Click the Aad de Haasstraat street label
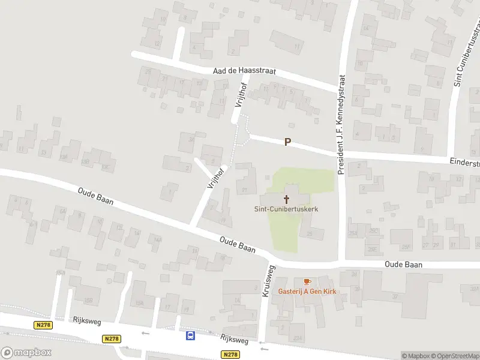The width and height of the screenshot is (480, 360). [x=244, y=71]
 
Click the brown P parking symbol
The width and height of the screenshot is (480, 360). [x=288, y=142]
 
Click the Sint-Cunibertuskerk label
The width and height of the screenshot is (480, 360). [x=286, y=209]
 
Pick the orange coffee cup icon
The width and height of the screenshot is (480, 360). [x=307, y=281]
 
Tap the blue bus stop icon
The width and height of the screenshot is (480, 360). [x=191, y=336]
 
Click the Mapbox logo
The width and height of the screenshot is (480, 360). [x=26, y=352]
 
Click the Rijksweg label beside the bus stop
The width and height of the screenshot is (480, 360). [x=233, y=340]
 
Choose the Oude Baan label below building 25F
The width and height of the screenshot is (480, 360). [x=403, y=264]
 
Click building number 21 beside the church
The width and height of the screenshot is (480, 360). [x=244, y=190]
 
